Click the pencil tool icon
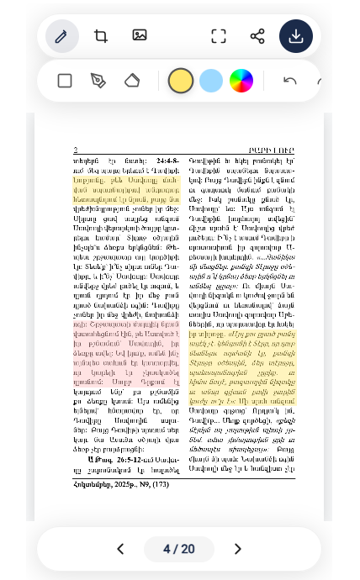(61, 36)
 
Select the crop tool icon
(101, 36)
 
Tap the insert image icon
(140, 35)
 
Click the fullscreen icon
(219, 36)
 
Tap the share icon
(257, 36)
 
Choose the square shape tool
(65, 81)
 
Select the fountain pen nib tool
(98, 81)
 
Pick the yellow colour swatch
(181, 81)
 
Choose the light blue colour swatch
(211, 81)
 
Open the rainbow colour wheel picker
(241, 81)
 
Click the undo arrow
(290, 81)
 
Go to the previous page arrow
(120, 549)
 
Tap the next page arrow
(237, 549)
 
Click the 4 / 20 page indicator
(179, 549)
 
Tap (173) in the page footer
(160, 485)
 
